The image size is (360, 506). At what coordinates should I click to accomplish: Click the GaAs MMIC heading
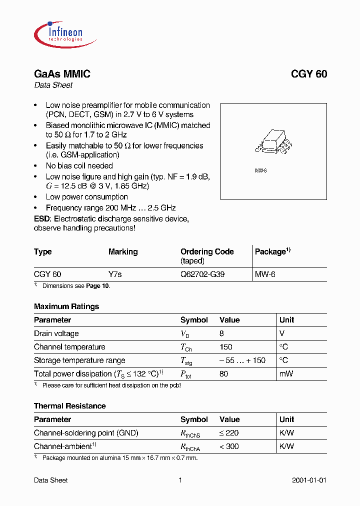pos(62,74)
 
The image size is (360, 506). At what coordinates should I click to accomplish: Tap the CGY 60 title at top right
pos(309,74)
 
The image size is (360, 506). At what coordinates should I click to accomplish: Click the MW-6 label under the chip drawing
pos(261,171)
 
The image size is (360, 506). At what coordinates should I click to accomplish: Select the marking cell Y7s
pos(115,274)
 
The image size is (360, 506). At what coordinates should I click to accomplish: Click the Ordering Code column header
pos(207,252)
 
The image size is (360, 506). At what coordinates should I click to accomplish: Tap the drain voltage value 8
pos(221,333)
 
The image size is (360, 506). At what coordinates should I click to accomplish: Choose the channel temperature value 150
pos(226,347)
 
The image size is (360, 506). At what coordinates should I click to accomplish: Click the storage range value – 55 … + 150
pos(242,360)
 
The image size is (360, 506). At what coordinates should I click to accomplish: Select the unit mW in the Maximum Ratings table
pos(286,374)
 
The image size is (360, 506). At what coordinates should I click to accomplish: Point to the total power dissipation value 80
pos(223,374)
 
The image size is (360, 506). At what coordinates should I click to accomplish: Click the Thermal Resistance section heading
pos(69,406)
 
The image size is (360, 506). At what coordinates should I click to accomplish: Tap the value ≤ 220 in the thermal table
pos(229,433)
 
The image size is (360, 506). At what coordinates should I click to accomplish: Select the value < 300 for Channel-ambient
pos(229,446)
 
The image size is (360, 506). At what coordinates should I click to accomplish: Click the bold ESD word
pos(42,219)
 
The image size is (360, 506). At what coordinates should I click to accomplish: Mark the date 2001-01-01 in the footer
pos(309,480)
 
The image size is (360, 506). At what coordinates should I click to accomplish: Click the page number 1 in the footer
pos(180,480)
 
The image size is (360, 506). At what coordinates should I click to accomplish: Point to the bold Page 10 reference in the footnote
pos(97,286)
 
